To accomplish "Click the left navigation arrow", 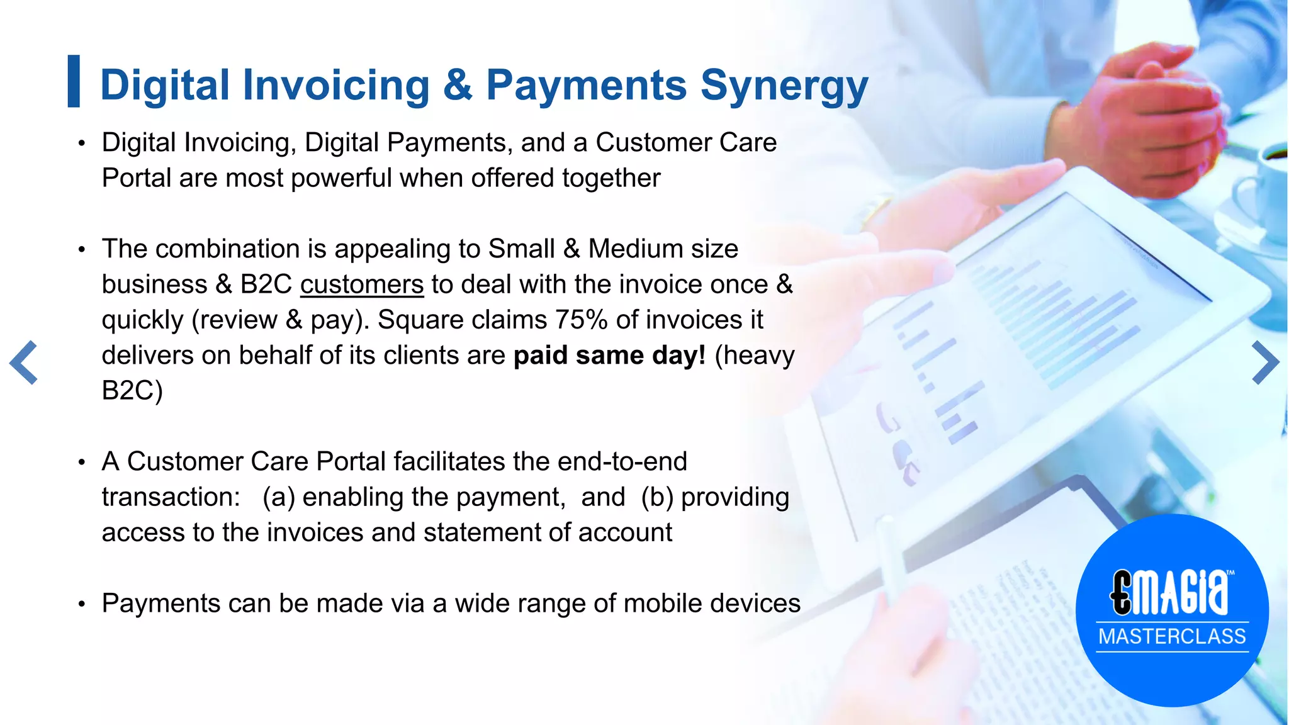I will tap(24, 362).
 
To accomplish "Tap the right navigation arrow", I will tap(1264, 362).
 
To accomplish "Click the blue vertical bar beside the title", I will tap(74, 81).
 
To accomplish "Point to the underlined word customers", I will tap(362, 284).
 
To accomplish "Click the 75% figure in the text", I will tap(581, 320).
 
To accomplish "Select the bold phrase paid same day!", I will tap(609, 356).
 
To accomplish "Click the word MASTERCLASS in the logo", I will tap(1172, 636).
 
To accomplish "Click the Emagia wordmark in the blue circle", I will tap(1171, 592).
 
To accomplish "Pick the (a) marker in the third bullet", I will tap(278, 497).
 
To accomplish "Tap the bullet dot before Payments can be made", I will tap(81, 604).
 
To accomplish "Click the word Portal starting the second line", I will tap(137, 178).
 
